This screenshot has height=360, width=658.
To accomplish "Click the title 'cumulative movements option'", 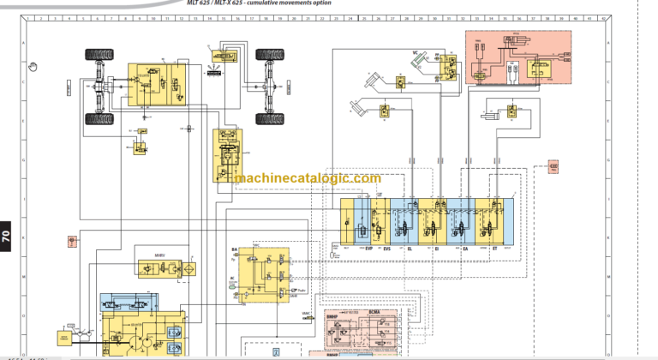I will pyautogui.click(x=287, y=3).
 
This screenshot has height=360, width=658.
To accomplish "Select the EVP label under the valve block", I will pyautogui.click(x=369, y=248).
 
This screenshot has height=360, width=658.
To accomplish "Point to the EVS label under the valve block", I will pyautogui.click(x=387, y=248).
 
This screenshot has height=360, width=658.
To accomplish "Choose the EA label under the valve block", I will pyautogui.click(x=465, y=248).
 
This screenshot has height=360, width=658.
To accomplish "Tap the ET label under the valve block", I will pyautogui.click(x=494, y=248).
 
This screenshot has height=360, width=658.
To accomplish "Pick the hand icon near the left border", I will pyautogui.click(x=33, y=63).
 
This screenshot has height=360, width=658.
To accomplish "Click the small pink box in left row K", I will pyautogui.click(x=73, y=238).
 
